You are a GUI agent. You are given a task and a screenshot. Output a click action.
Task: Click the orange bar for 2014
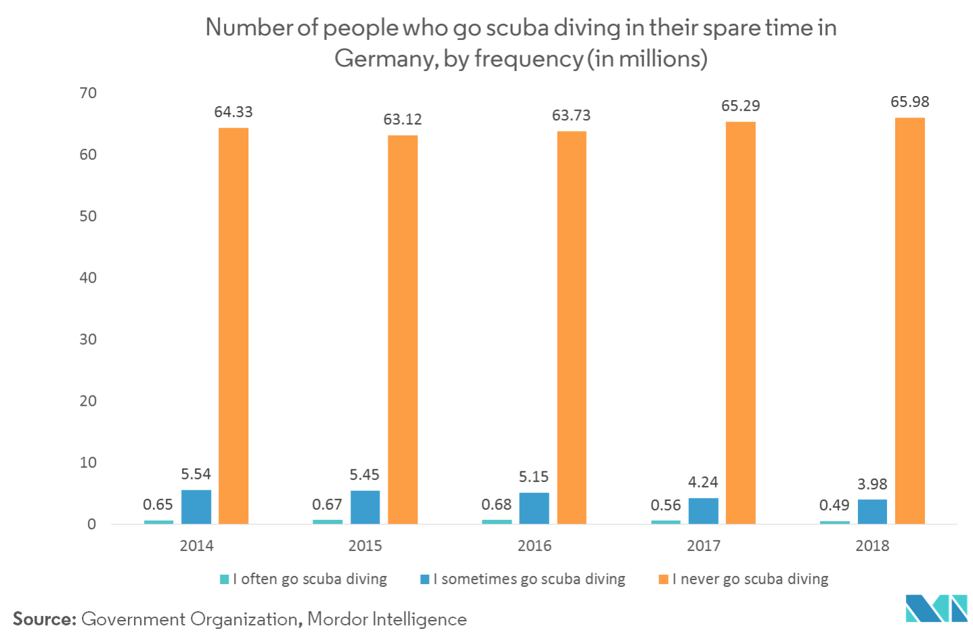click(233, 325)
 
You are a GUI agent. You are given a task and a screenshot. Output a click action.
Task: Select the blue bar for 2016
click(534, 508)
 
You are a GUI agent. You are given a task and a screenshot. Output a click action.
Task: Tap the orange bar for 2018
click(909, 320)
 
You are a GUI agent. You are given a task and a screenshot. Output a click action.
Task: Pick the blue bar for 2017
click(703, 510)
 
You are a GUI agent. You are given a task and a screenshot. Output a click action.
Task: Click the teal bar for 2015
click(327, 521)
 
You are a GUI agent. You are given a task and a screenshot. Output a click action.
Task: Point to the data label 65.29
click(740, 106)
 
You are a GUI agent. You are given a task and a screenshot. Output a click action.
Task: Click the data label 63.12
click(403, 120)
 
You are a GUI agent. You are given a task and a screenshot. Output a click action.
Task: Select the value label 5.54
click(196, 474)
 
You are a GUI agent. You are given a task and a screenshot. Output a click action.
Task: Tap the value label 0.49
click(834, 505)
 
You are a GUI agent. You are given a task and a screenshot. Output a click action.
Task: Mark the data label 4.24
click(703, 482)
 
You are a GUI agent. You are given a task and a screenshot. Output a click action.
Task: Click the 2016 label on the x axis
click(534, 546)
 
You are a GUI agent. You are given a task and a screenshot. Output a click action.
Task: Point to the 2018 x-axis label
click(872, 546)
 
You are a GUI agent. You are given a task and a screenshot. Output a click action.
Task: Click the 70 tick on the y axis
click(89, 93)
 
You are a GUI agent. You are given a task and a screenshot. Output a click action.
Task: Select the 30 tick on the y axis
click(89, 339)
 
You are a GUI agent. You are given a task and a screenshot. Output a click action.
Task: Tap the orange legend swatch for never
click(664, 579)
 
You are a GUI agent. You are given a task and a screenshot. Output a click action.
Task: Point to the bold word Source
click(44, 619)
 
